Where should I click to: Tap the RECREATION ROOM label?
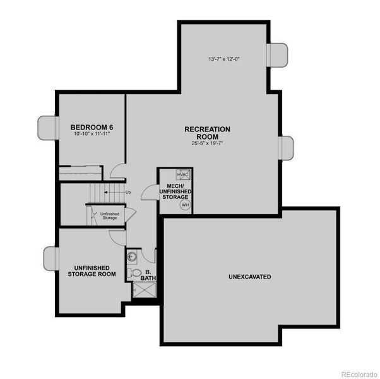(207, 133)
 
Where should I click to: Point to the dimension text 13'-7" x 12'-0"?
(224, 59)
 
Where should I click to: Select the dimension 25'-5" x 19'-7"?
(207, 143)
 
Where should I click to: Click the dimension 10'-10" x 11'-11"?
(87, 135)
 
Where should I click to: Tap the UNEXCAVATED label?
(250, 277)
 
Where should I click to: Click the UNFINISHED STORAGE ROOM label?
(92, 271)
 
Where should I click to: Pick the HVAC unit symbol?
(183, 175)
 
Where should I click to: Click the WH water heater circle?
(185, 205)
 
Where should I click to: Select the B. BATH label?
(149, 275)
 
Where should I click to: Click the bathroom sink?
(133, 256)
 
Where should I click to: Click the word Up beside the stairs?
(128, 192)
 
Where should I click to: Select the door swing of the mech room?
(150, 191)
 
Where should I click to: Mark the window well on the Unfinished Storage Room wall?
(51, 258)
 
